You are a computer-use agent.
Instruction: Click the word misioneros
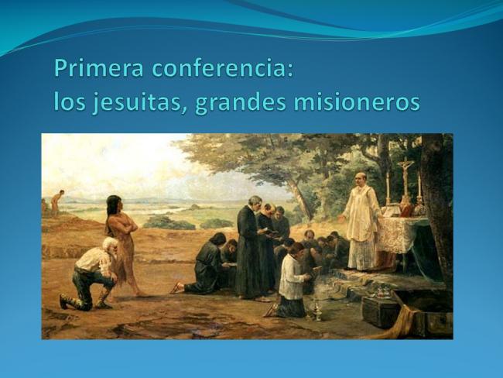[357, 102]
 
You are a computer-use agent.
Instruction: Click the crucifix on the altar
[405, 175]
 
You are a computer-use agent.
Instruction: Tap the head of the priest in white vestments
[361, 179]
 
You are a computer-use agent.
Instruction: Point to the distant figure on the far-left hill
[57, 201]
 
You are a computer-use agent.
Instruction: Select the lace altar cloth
[398, 232]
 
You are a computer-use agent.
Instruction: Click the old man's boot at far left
[65, 301]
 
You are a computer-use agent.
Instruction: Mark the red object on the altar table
[408, 210]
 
